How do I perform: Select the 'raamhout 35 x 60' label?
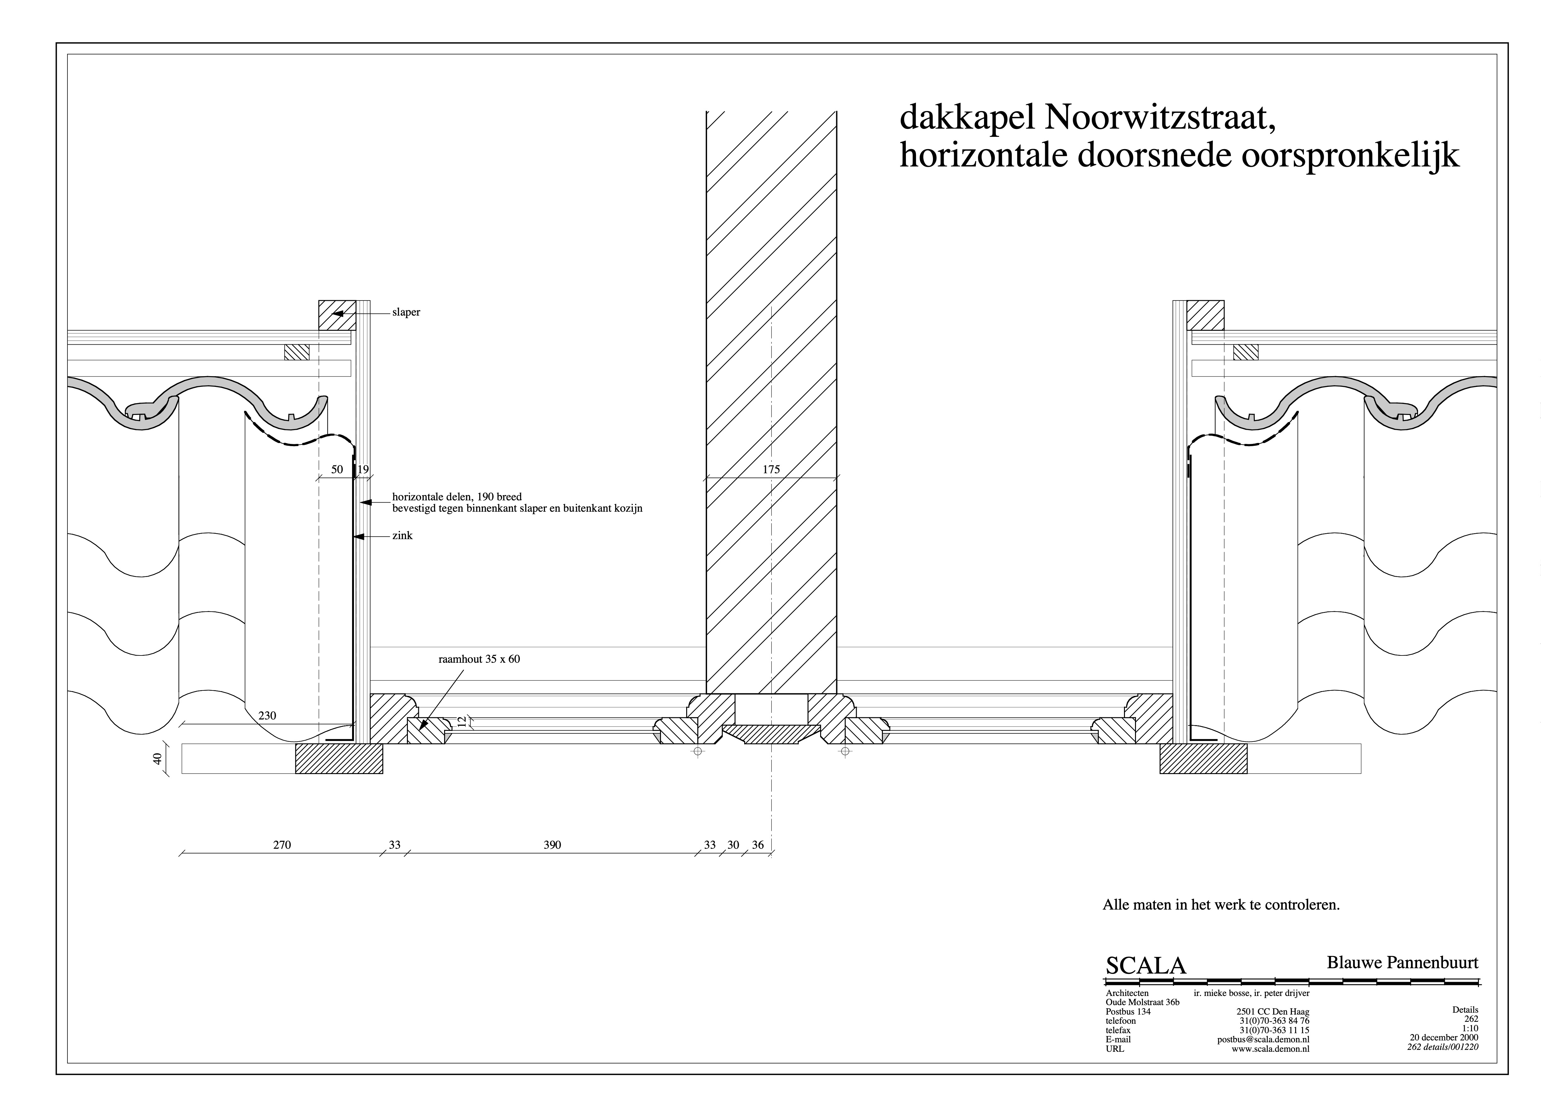(479, 659)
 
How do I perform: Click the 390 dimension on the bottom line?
(553, 845)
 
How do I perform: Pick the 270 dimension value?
(282, 845)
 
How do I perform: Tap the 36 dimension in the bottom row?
(757, 845)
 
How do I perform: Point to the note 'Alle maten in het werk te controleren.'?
(1221, 905)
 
